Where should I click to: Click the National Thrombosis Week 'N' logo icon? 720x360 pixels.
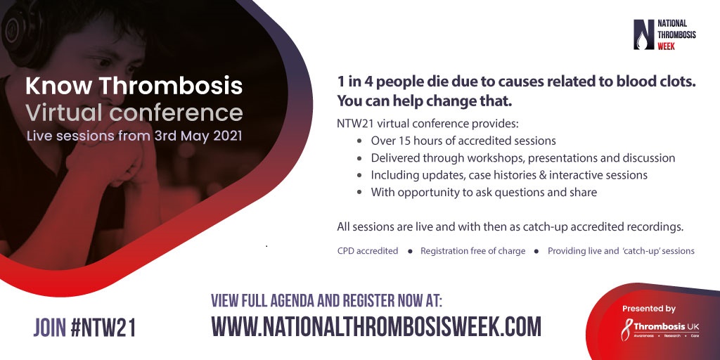tap(644, 34)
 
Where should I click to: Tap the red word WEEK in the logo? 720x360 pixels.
tap(667, 46)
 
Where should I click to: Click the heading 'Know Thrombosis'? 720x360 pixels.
tap(134, 86)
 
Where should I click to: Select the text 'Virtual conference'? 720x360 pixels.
tap(134, 113)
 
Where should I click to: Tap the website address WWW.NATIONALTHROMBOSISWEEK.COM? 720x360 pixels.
tap(376, 326)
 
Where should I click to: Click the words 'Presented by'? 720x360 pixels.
tap(649, 309)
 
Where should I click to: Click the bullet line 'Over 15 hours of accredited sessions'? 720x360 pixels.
tap(463, 141)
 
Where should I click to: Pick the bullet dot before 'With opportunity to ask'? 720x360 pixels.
tap(360, 193)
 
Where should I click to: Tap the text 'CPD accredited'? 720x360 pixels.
tap(367, 251)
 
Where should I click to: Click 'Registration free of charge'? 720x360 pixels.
tap(473, 251)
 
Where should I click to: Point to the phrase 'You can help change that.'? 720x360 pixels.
tap(424, 101)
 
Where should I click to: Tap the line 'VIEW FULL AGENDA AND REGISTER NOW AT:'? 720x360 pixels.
tap(326, 300)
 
